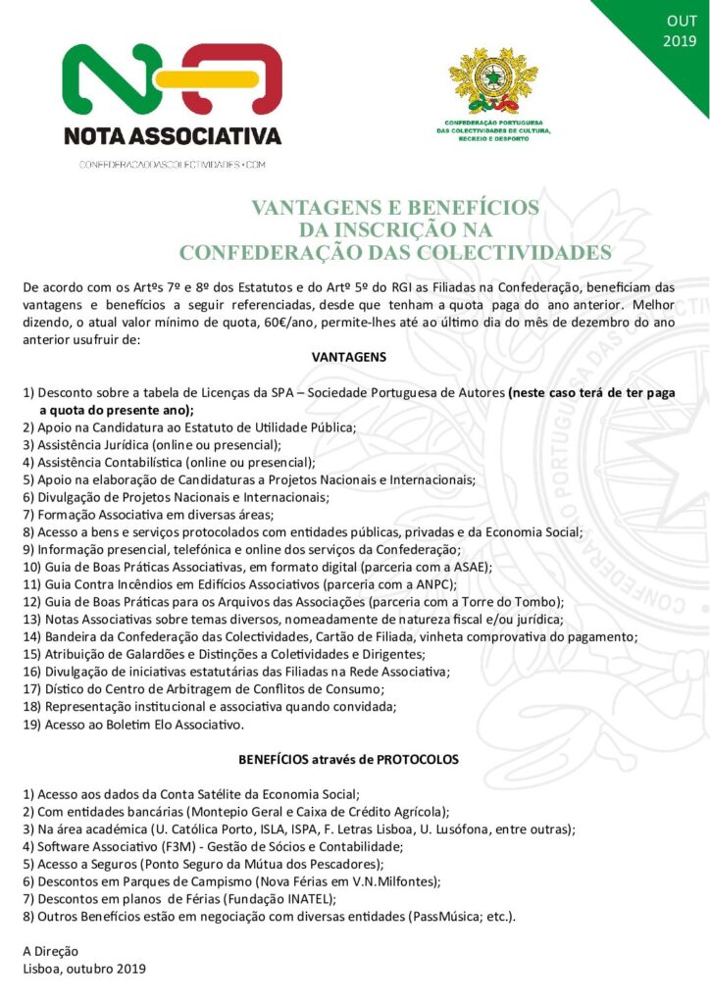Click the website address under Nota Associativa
[x=173, y=164]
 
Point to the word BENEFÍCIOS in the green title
[x=476, y=208]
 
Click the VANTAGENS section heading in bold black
[x=349, y=357]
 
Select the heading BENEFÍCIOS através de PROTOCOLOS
[x=348, y=759]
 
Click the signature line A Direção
[x=51, y=951]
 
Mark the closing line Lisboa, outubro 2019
[x=84, y=969]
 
